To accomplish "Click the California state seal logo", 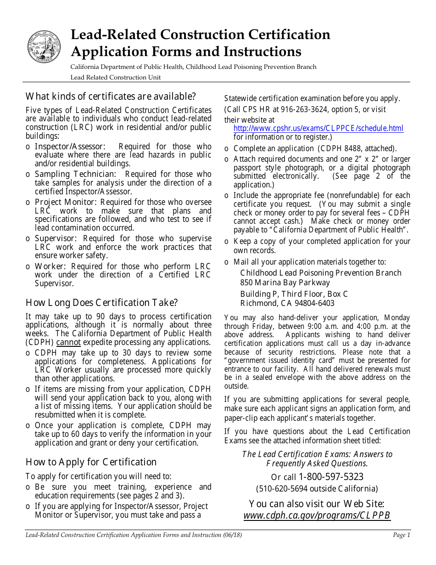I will pos(44,47).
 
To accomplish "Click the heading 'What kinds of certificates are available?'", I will pos(111,96).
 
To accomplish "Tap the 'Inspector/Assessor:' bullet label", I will pos(70,147).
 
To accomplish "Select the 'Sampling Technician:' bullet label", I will pos(75,174).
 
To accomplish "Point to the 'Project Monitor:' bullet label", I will pos(67,202).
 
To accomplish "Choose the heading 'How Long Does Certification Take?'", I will pos(101,303).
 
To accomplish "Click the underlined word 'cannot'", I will pos(68,342).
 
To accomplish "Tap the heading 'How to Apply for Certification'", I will pos(91,462).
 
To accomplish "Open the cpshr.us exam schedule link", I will pos(319,128).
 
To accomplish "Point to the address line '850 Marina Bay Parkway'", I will pos(285,282).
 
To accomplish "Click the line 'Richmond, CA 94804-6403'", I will pos(287,303).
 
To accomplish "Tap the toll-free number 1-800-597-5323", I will pos(331,477).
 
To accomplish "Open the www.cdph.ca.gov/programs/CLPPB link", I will pos(317,515).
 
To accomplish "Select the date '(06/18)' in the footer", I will pos(232,535).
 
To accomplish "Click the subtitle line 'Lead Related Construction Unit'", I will pos(115,77).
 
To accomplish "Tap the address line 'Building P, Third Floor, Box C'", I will pos(294,294).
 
